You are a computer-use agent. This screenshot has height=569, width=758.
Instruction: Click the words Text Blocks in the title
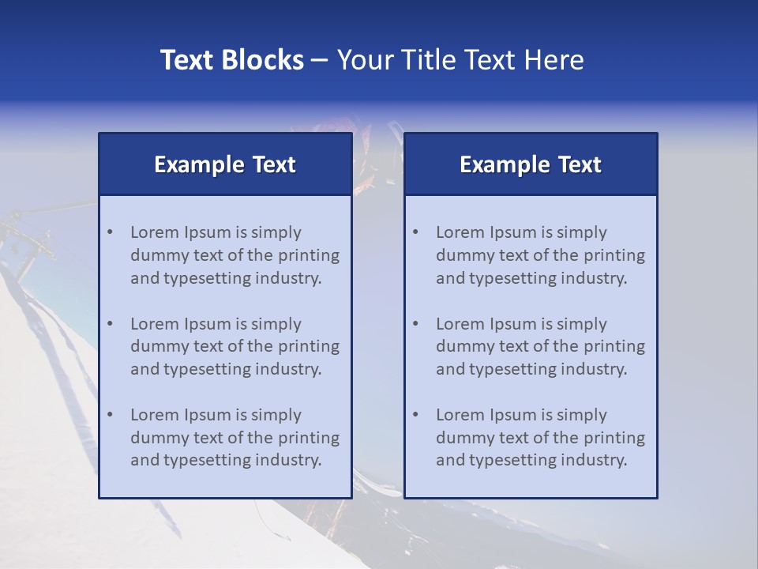231,60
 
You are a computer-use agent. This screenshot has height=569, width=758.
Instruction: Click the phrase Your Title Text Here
460,60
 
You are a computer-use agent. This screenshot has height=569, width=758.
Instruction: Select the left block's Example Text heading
225,164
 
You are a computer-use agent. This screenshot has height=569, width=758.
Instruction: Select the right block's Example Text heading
531,164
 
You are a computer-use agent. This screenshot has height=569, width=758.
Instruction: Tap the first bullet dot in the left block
110,232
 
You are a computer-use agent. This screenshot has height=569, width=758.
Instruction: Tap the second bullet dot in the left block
110,324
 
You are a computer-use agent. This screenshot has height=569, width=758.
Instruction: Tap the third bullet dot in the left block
110,415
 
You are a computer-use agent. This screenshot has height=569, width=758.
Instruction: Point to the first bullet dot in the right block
415,232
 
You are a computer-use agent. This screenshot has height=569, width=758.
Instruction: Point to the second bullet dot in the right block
415,324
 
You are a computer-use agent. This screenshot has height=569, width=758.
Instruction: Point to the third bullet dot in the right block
415,415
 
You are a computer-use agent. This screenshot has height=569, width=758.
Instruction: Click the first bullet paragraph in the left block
235,255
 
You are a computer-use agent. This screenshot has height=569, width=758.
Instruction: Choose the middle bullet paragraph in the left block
235,346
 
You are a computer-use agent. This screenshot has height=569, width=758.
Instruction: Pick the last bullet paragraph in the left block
235,438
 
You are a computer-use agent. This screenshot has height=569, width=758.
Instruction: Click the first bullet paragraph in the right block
540,255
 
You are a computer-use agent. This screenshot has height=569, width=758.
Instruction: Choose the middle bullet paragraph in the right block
540,346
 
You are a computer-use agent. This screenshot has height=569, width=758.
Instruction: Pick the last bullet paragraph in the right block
540,438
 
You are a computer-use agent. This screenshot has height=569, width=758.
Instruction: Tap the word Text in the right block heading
580,164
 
